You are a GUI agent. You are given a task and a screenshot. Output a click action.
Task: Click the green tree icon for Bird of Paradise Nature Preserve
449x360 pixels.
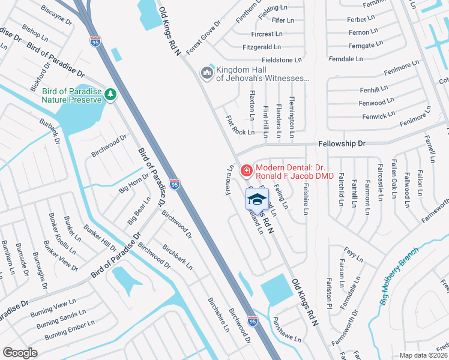[x=110, y=95]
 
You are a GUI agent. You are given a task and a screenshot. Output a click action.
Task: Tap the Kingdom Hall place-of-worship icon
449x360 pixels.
[x=208, y=73]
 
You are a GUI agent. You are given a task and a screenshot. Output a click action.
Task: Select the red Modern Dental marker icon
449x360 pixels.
[x=246, y=172]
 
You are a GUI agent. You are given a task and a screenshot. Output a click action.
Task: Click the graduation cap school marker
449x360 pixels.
[x=257, y=200]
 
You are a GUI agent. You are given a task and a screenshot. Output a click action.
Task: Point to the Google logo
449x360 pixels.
[x=20, y=352]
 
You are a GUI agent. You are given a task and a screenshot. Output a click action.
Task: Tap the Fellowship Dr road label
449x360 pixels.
[x=341, y=144]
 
